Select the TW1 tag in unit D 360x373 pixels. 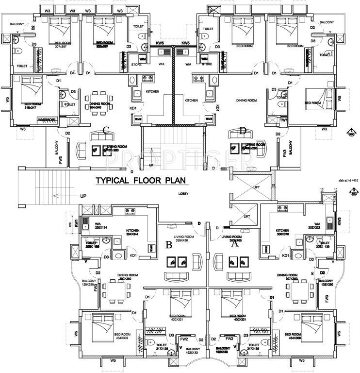(284, 119)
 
